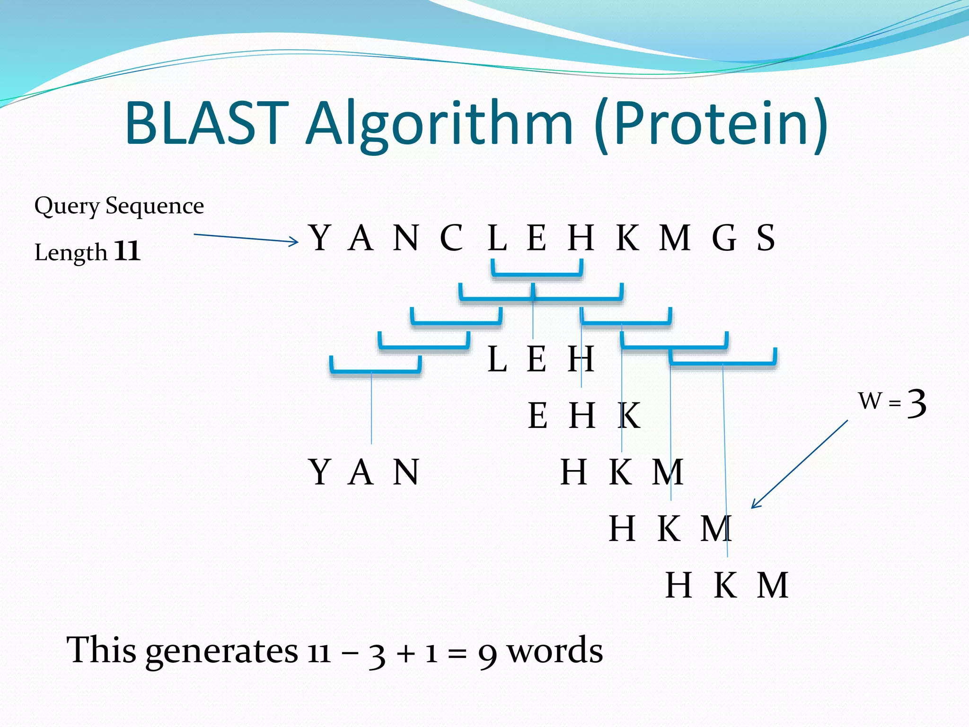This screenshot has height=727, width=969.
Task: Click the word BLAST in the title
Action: coord(207,124)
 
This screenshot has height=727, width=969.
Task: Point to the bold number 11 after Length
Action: coord(127,251)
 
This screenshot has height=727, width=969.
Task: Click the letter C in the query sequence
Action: coord(451,238)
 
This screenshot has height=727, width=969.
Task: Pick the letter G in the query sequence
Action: coord(724,238)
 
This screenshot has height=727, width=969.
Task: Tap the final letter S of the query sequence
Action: coord(766,238)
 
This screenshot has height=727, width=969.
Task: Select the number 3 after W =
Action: coord(916,404)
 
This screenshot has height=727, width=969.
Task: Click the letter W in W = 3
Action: coord(870,401)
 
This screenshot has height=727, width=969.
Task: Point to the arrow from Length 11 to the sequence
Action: coord(246,238)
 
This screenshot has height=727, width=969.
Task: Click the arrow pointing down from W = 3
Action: coord(799,464)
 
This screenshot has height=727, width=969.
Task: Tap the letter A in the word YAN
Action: coord(361,472)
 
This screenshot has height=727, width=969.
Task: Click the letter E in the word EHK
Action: coord(537,416)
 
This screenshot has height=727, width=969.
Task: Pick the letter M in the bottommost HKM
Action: coord(772,586)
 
